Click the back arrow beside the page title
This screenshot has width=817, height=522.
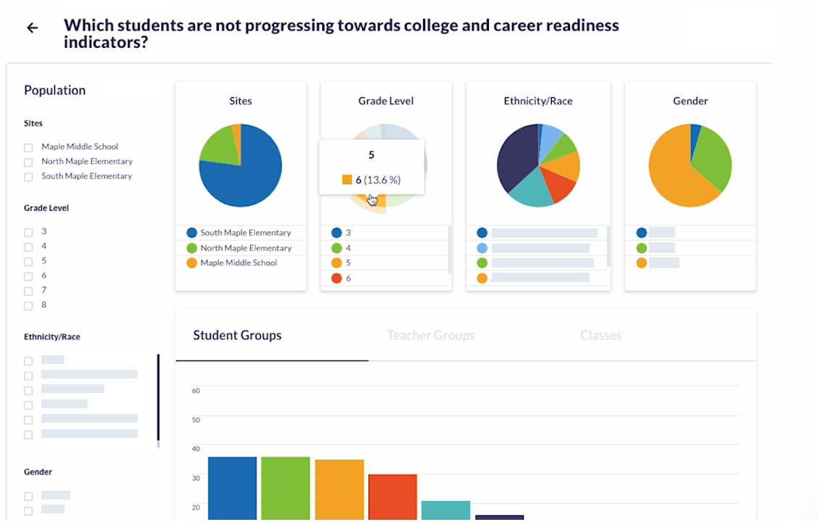pos(32,28)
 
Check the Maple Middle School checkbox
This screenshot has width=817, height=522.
pos(28,147)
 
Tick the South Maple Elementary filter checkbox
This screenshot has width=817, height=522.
pos(28,177)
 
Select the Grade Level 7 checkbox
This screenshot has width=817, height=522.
pos(28,291)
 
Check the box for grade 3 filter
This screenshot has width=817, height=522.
pos(28,232)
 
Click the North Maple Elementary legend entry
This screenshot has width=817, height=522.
pos(246,248)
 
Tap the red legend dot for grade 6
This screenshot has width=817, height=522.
pos(336,278)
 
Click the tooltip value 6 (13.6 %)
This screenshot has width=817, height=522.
pos(377,180)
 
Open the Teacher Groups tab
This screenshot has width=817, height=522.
pos(430,336)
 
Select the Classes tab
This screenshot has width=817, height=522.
pos(600,336)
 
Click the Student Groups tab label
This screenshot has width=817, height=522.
pos(237,336)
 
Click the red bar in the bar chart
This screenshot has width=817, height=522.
pos(392,497)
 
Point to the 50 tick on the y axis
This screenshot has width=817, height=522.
pos(196,420)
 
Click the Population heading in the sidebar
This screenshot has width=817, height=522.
pos(54,91)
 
